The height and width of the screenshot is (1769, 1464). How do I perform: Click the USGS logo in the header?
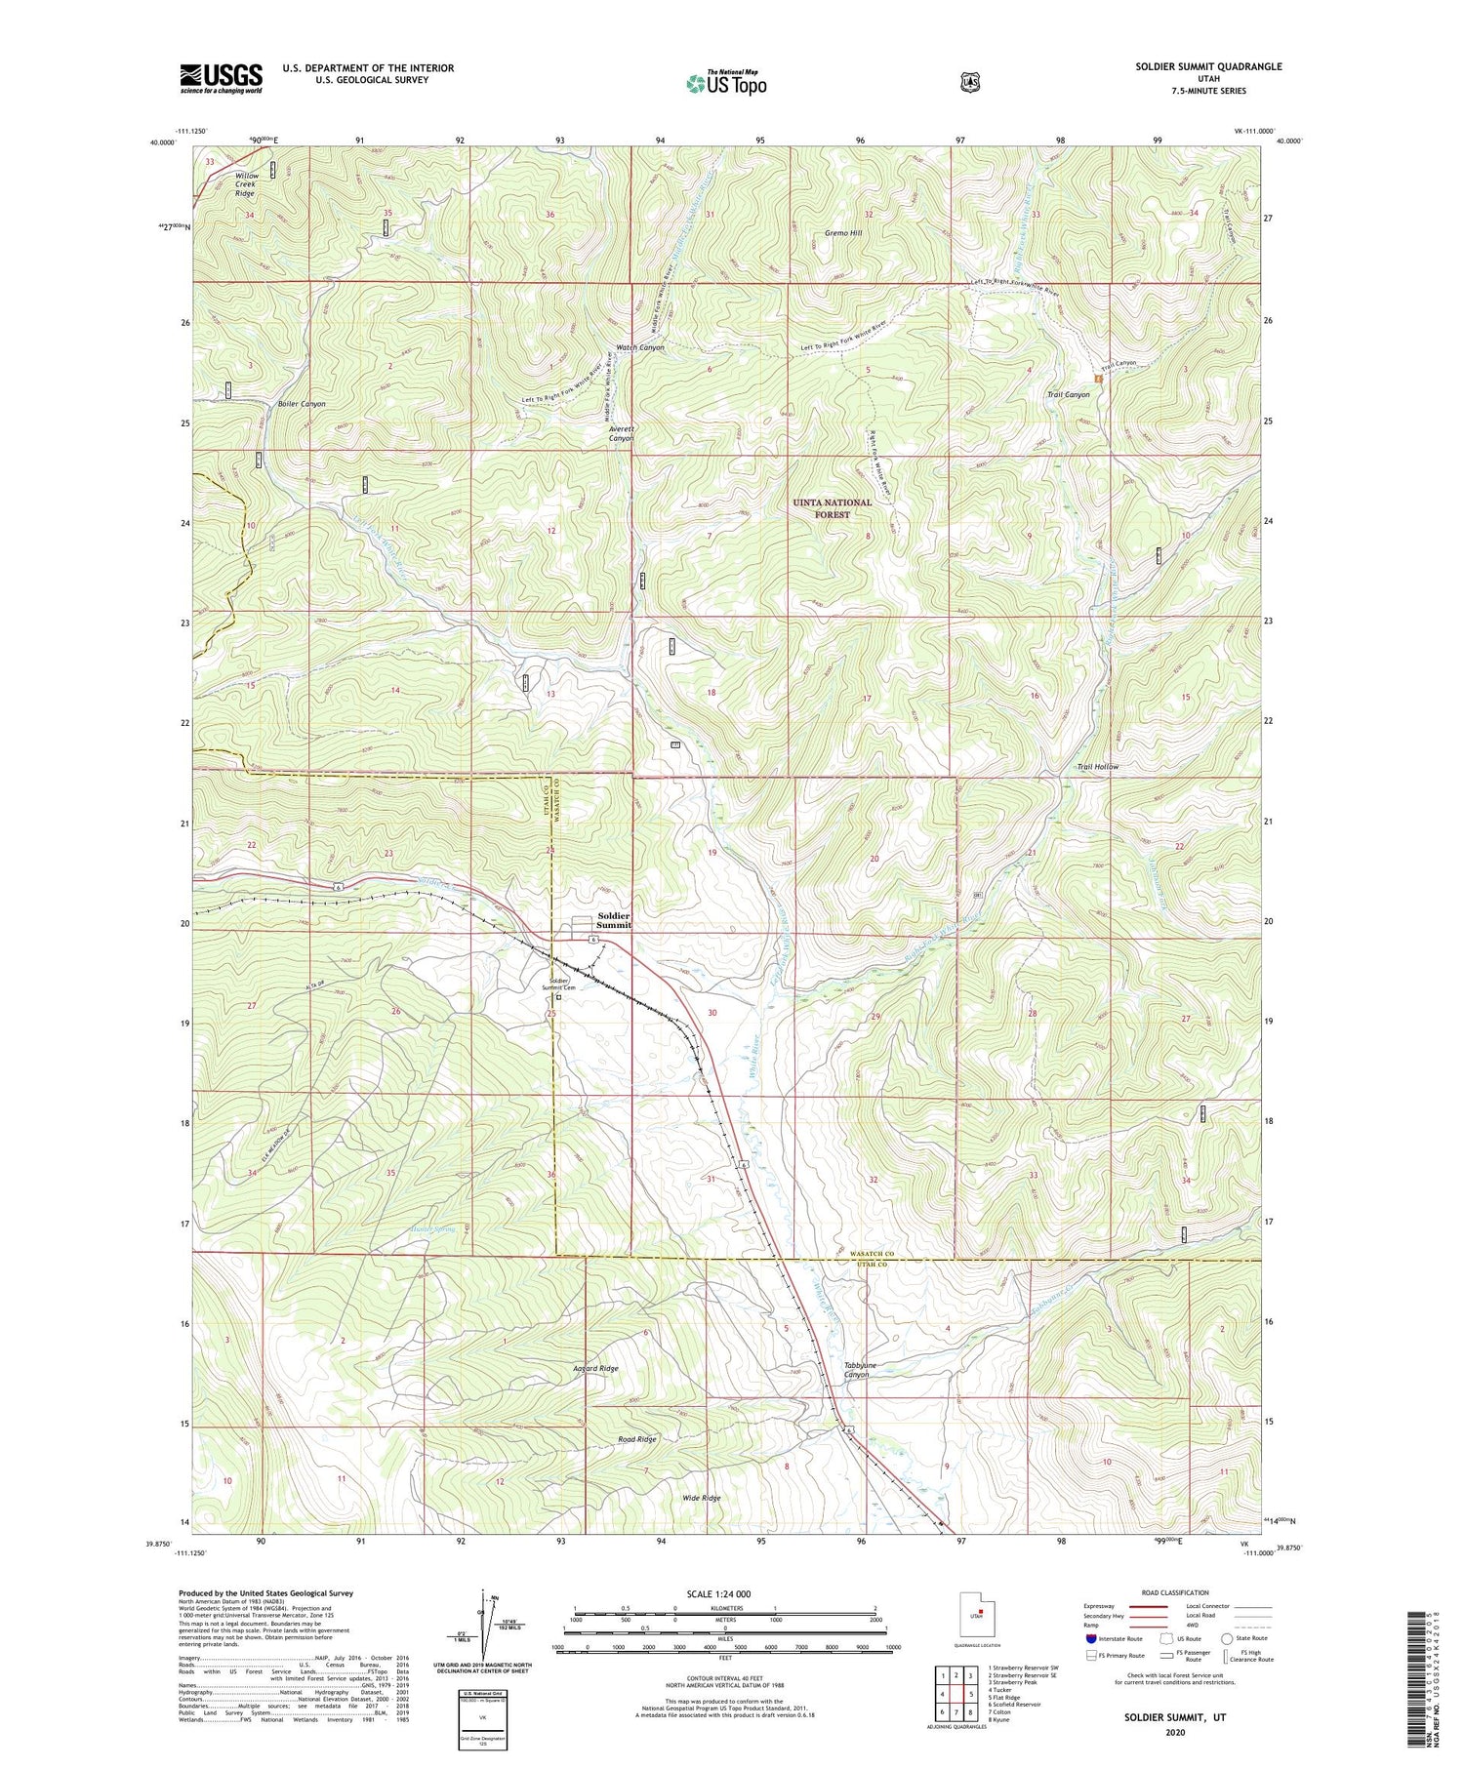(x=221, y=77)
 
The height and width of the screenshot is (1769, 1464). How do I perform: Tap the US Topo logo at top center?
(x=726, y=83)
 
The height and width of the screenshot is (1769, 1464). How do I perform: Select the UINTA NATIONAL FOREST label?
(x=832, y=508)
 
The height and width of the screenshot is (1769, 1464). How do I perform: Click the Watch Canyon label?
(x=639, y=347)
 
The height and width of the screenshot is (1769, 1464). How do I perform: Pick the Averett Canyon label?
(x=621, y=433)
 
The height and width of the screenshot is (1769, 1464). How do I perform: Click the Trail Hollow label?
(x=1097, y=767)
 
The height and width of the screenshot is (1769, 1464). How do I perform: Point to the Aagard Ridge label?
(x=594, y=1369)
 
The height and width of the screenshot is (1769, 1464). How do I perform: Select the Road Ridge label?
(x=636, y=1439)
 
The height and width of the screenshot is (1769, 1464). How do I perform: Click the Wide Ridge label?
(x=701, y=1498)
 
